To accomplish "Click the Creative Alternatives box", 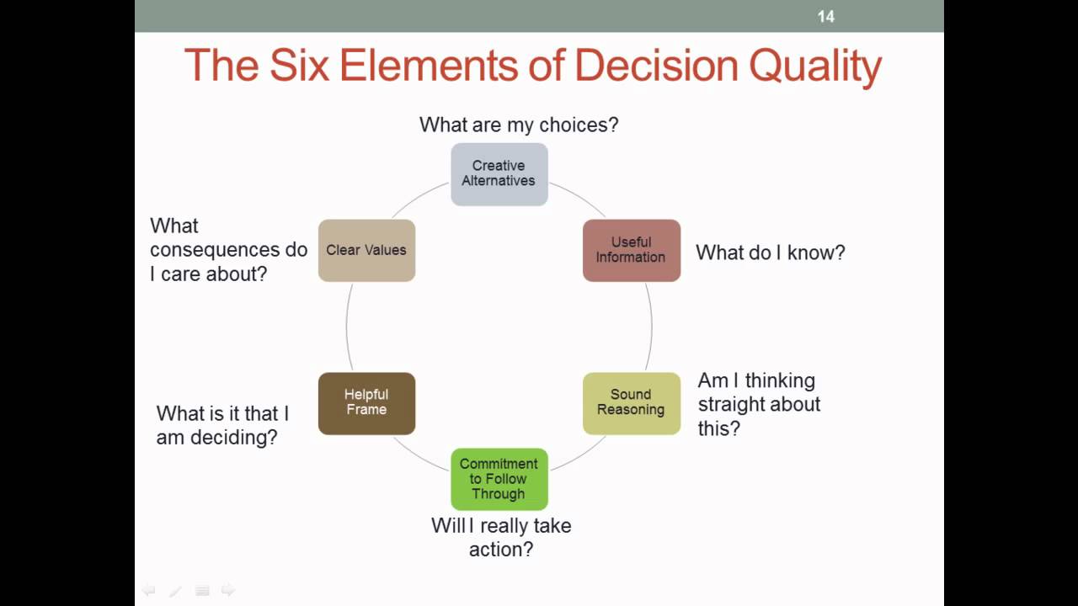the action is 499,173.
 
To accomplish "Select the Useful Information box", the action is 631,250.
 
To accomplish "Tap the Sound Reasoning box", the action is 631,402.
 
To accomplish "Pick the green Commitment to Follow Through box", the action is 499,479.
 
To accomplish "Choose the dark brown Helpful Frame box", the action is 366,402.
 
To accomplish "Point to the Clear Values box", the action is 366,250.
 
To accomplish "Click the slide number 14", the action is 825,16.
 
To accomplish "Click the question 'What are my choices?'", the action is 519,125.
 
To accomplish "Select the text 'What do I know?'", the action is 770,252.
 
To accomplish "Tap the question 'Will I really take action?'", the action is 501,537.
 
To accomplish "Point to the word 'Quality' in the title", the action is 814,66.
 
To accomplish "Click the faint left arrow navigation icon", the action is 148,590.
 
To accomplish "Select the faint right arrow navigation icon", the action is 227,590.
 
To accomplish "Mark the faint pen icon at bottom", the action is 175,591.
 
